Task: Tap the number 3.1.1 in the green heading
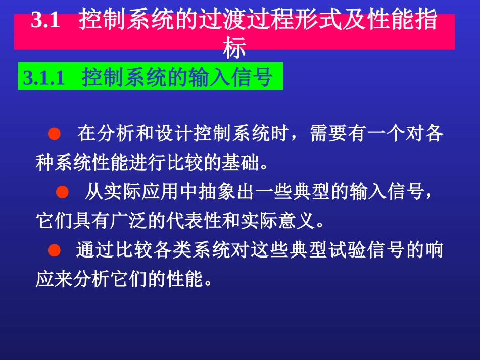tap(44, 78)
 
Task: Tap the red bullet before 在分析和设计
tap(54, 134)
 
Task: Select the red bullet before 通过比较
tap(54, 250)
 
